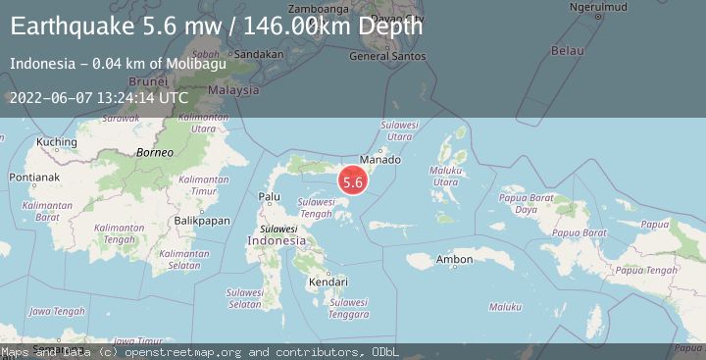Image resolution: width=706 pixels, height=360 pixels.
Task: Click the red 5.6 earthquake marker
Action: (x=353, y=180)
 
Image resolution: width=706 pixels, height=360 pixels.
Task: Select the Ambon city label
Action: (x=454, y=259)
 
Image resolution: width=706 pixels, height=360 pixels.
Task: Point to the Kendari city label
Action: (x=328, y=282)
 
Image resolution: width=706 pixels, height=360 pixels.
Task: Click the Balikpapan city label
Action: (x=201, y=221)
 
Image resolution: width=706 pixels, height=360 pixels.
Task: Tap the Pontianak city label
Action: (x=32, y=178)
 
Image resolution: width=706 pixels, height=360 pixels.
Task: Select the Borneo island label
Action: (x=154, y=153)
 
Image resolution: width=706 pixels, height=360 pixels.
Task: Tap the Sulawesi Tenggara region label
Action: (x=347, y=308)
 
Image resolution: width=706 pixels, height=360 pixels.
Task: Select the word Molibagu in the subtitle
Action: (x=197, y=64)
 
